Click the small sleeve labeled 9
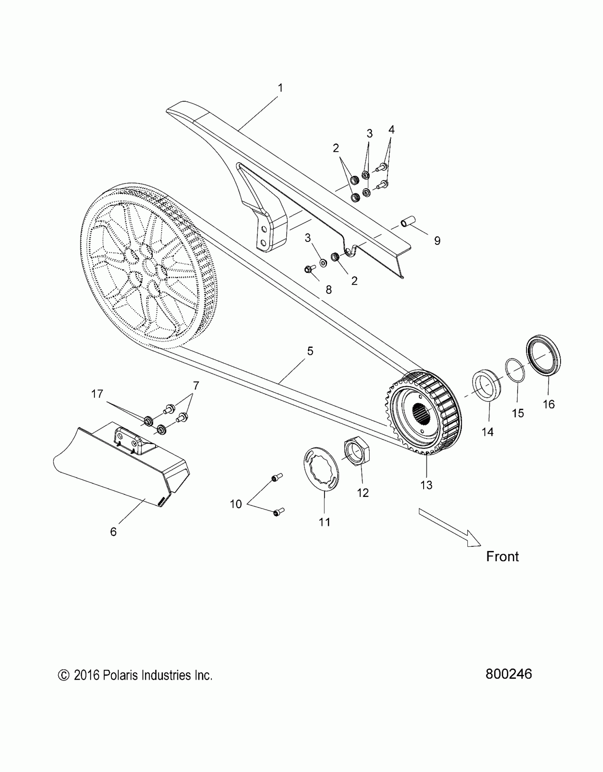408,223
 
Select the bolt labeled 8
308,269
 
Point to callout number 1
280,88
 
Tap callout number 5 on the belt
310,351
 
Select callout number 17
97,394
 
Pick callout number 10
236,504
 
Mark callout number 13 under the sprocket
426,485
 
